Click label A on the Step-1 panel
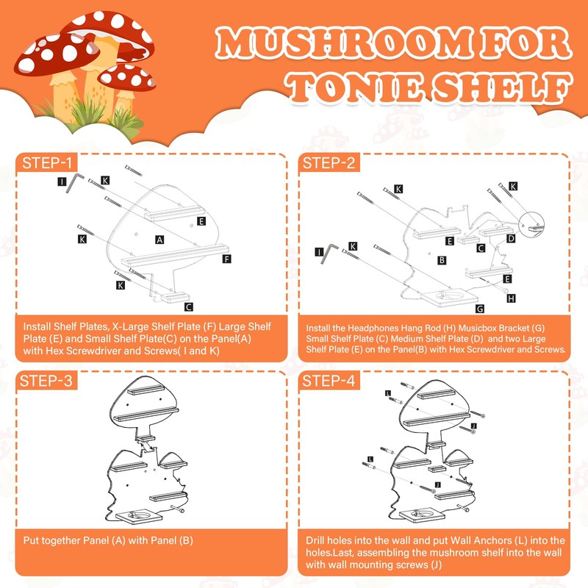pyautogui.click(x=159, y=239)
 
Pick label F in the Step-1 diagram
pyautogui.click(x=226, y=259)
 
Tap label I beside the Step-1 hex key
pyautogui.click(x=62, y=180)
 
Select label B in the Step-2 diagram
pyautogui.click(x=441, y=259)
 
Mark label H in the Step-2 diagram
pyautogui.click(x=512, y=298)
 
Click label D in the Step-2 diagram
pyautogui.click(x=511, y=237)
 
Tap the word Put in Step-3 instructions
pyautogui.click(x=32, y=540)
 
